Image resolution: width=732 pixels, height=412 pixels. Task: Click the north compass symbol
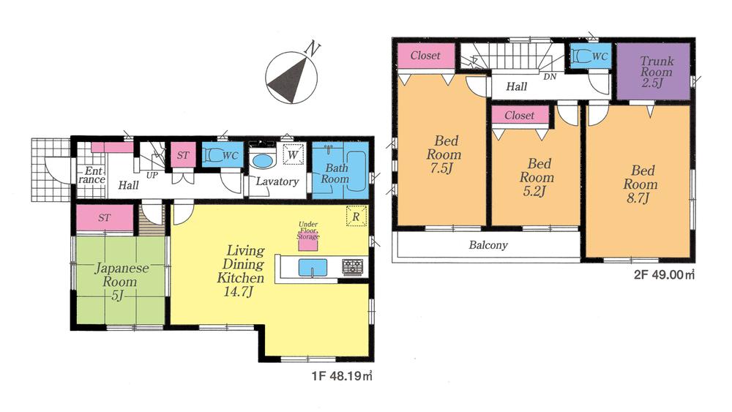pyautogui.click(x=291, y=75)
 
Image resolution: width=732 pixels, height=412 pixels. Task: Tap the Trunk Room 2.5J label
pyautogui.click(x=651, y=72)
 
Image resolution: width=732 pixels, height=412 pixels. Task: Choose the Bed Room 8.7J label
pyautogui.click(x=640, y=184)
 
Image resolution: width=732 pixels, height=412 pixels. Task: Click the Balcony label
pyautogui.click(x=488, y=245)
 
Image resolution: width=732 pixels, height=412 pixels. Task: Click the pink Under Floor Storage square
pyautogui.click(x=307, y=245)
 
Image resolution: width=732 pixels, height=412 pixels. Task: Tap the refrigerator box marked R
pyautogui.click(x=355, y=218)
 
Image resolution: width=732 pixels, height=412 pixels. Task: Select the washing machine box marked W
pyautogui.click(x=291, y=156)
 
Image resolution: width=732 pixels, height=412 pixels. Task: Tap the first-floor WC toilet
pyautogui.click(x=217, y=155)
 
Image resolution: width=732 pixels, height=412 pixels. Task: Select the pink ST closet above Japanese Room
pyautogui.click(x=105, y=217)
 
